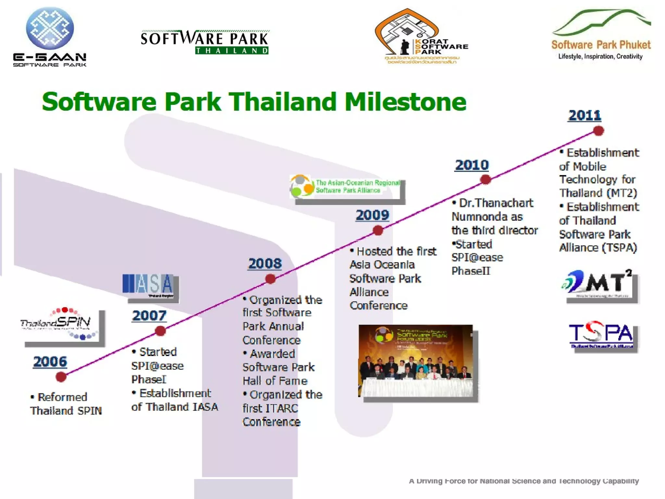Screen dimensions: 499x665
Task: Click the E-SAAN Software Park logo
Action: (50, 37)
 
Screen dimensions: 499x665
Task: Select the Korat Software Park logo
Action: (421, 37)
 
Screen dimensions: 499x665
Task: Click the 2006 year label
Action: (50, 362)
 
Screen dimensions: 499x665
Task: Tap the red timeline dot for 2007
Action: (160, 331)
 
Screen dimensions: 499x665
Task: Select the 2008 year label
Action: (265, 263)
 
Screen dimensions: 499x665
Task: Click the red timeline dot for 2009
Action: (378, 231)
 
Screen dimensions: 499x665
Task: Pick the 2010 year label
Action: (471, 165)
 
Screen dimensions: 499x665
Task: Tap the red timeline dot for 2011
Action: (598, 131)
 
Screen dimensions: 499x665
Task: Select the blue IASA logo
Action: (148, 284)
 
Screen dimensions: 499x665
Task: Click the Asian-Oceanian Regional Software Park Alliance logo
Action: (346, 186)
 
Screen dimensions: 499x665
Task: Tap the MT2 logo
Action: (597, 283)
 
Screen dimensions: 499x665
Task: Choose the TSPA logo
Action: (601, 335)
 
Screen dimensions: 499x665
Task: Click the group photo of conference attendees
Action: (416, 361)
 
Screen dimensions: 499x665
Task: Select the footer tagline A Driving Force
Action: (523, 481)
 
